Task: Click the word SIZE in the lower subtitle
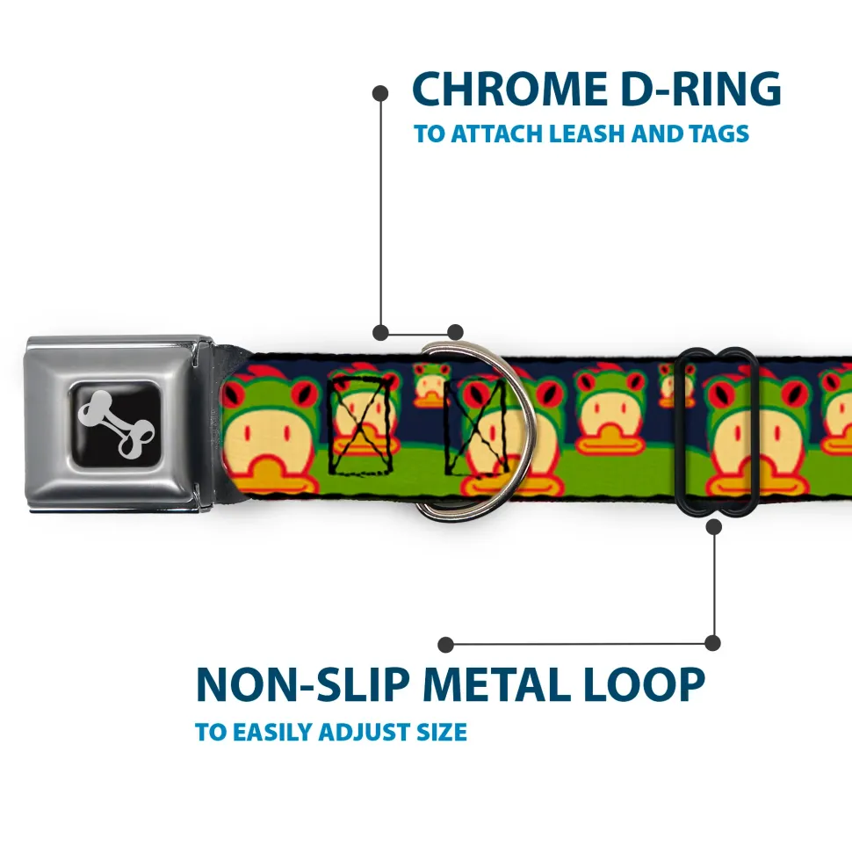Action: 442,732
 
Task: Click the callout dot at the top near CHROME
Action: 380,91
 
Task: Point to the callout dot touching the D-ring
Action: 455,332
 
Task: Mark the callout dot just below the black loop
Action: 713,526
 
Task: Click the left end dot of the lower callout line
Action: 446,645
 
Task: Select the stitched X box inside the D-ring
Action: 475,426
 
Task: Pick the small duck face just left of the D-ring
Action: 431,386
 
